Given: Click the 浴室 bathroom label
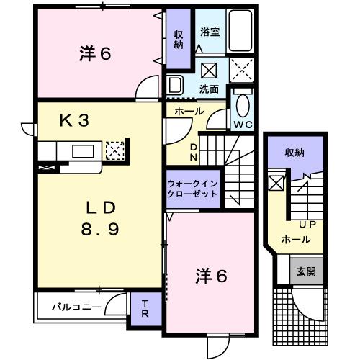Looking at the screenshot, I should coord(210,33).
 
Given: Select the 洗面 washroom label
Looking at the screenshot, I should coord(210,89).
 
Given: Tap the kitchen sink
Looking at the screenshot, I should coord(81,150).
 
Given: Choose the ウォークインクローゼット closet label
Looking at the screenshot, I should coord(192,189).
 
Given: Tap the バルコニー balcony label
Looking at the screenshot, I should coord(76,307).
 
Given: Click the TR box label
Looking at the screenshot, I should coord(144,308).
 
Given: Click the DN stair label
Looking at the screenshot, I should coord(193,152).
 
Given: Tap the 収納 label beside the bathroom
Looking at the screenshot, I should coord(179,40).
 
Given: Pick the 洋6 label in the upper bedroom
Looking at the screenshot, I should coord(95,54).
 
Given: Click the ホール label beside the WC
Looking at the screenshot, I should coord(189,112).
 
